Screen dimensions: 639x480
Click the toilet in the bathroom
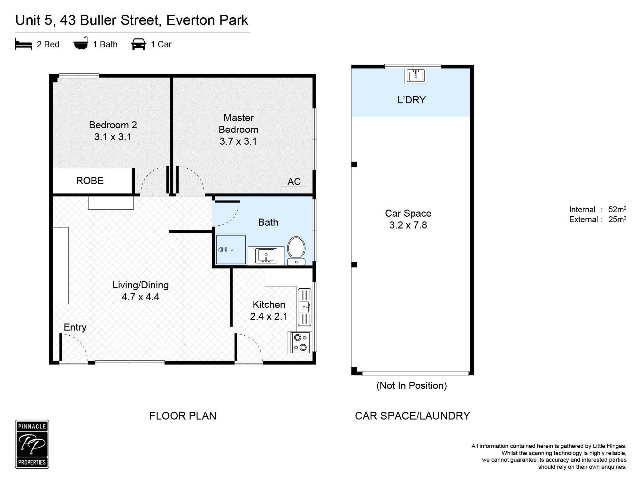[x=296, y=251]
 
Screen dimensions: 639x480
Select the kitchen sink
[x=304, y=307]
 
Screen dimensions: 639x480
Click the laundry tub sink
[x=416, y=76]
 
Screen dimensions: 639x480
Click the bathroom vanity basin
[x=266, y=256]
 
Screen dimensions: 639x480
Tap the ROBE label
[x=90, y=181]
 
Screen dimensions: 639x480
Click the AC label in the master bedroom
[x=294, y=182]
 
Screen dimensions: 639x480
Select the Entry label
[x=75, y=327]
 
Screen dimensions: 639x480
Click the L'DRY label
[x=412, y=100]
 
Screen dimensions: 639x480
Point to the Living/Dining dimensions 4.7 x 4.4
[x=141, y=297]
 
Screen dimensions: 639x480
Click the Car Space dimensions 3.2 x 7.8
[x=408, y=225]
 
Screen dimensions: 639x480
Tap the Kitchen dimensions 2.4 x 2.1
[x=269, y=316]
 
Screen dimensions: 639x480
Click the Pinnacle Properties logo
[x=32, y=444]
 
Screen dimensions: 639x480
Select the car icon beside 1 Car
[x=139, y=44]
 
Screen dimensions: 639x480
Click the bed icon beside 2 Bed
[x=24, y=44]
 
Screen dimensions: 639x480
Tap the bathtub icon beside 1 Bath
[x=81, y=44]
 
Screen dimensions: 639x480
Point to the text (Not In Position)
[x=412, y=386]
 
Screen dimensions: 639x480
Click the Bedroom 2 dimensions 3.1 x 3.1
[x=113, y=137]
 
